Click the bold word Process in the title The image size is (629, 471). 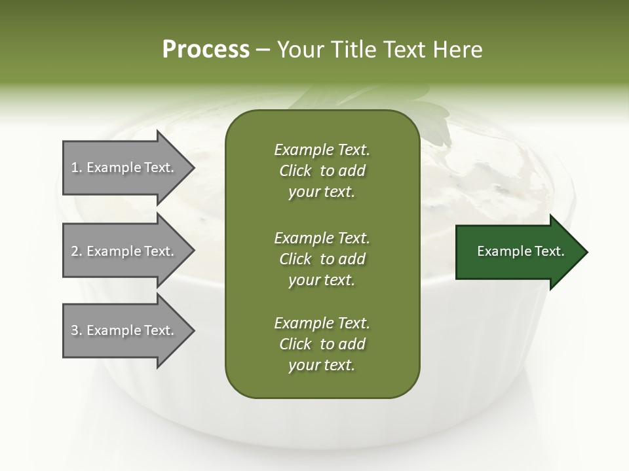[x=206, y=50]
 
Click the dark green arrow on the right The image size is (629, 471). [x=518, y=252]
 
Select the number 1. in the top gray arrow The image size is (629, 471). [x=77, y=167]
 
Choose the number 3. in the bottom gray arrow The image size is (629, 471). [x=77, y=330]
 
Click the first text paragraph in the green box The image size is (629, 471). [x=322, y=171]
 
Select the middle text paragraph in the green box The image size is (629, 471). [x=322, y=258]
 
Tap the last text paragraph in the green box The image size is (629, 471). [x=322, y=344]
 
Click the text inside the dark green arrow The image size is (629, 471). [x=520, y=251]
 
